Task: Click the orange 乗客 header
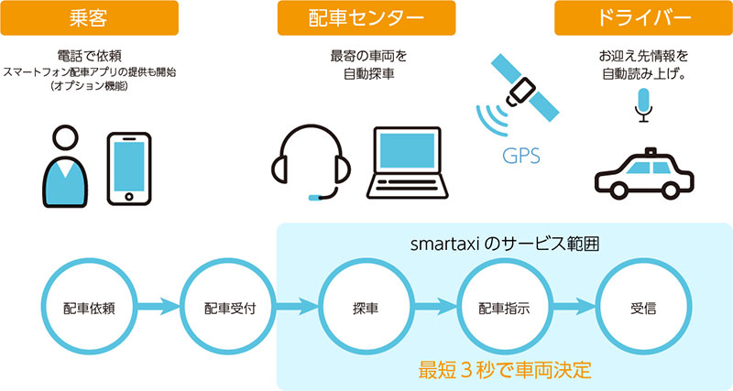tap(89, 17)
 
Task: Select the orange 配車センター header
tap(366, 17)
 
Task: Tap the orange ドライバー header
tap(644, 17)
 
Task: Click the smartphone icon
tap(129, 168)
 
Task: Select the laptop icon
tap(407, 163)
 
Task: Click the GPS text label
tap(521, 156)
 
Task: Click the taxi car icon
tap(644, 174)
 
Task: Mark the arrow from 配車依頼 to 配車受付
tap(159, 307)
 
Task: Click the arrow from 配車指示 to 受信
tap(574, 307)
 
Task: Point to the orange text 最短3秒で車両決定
tap(505, 370)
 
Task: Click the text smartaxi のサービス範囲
tap(505, 244)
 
